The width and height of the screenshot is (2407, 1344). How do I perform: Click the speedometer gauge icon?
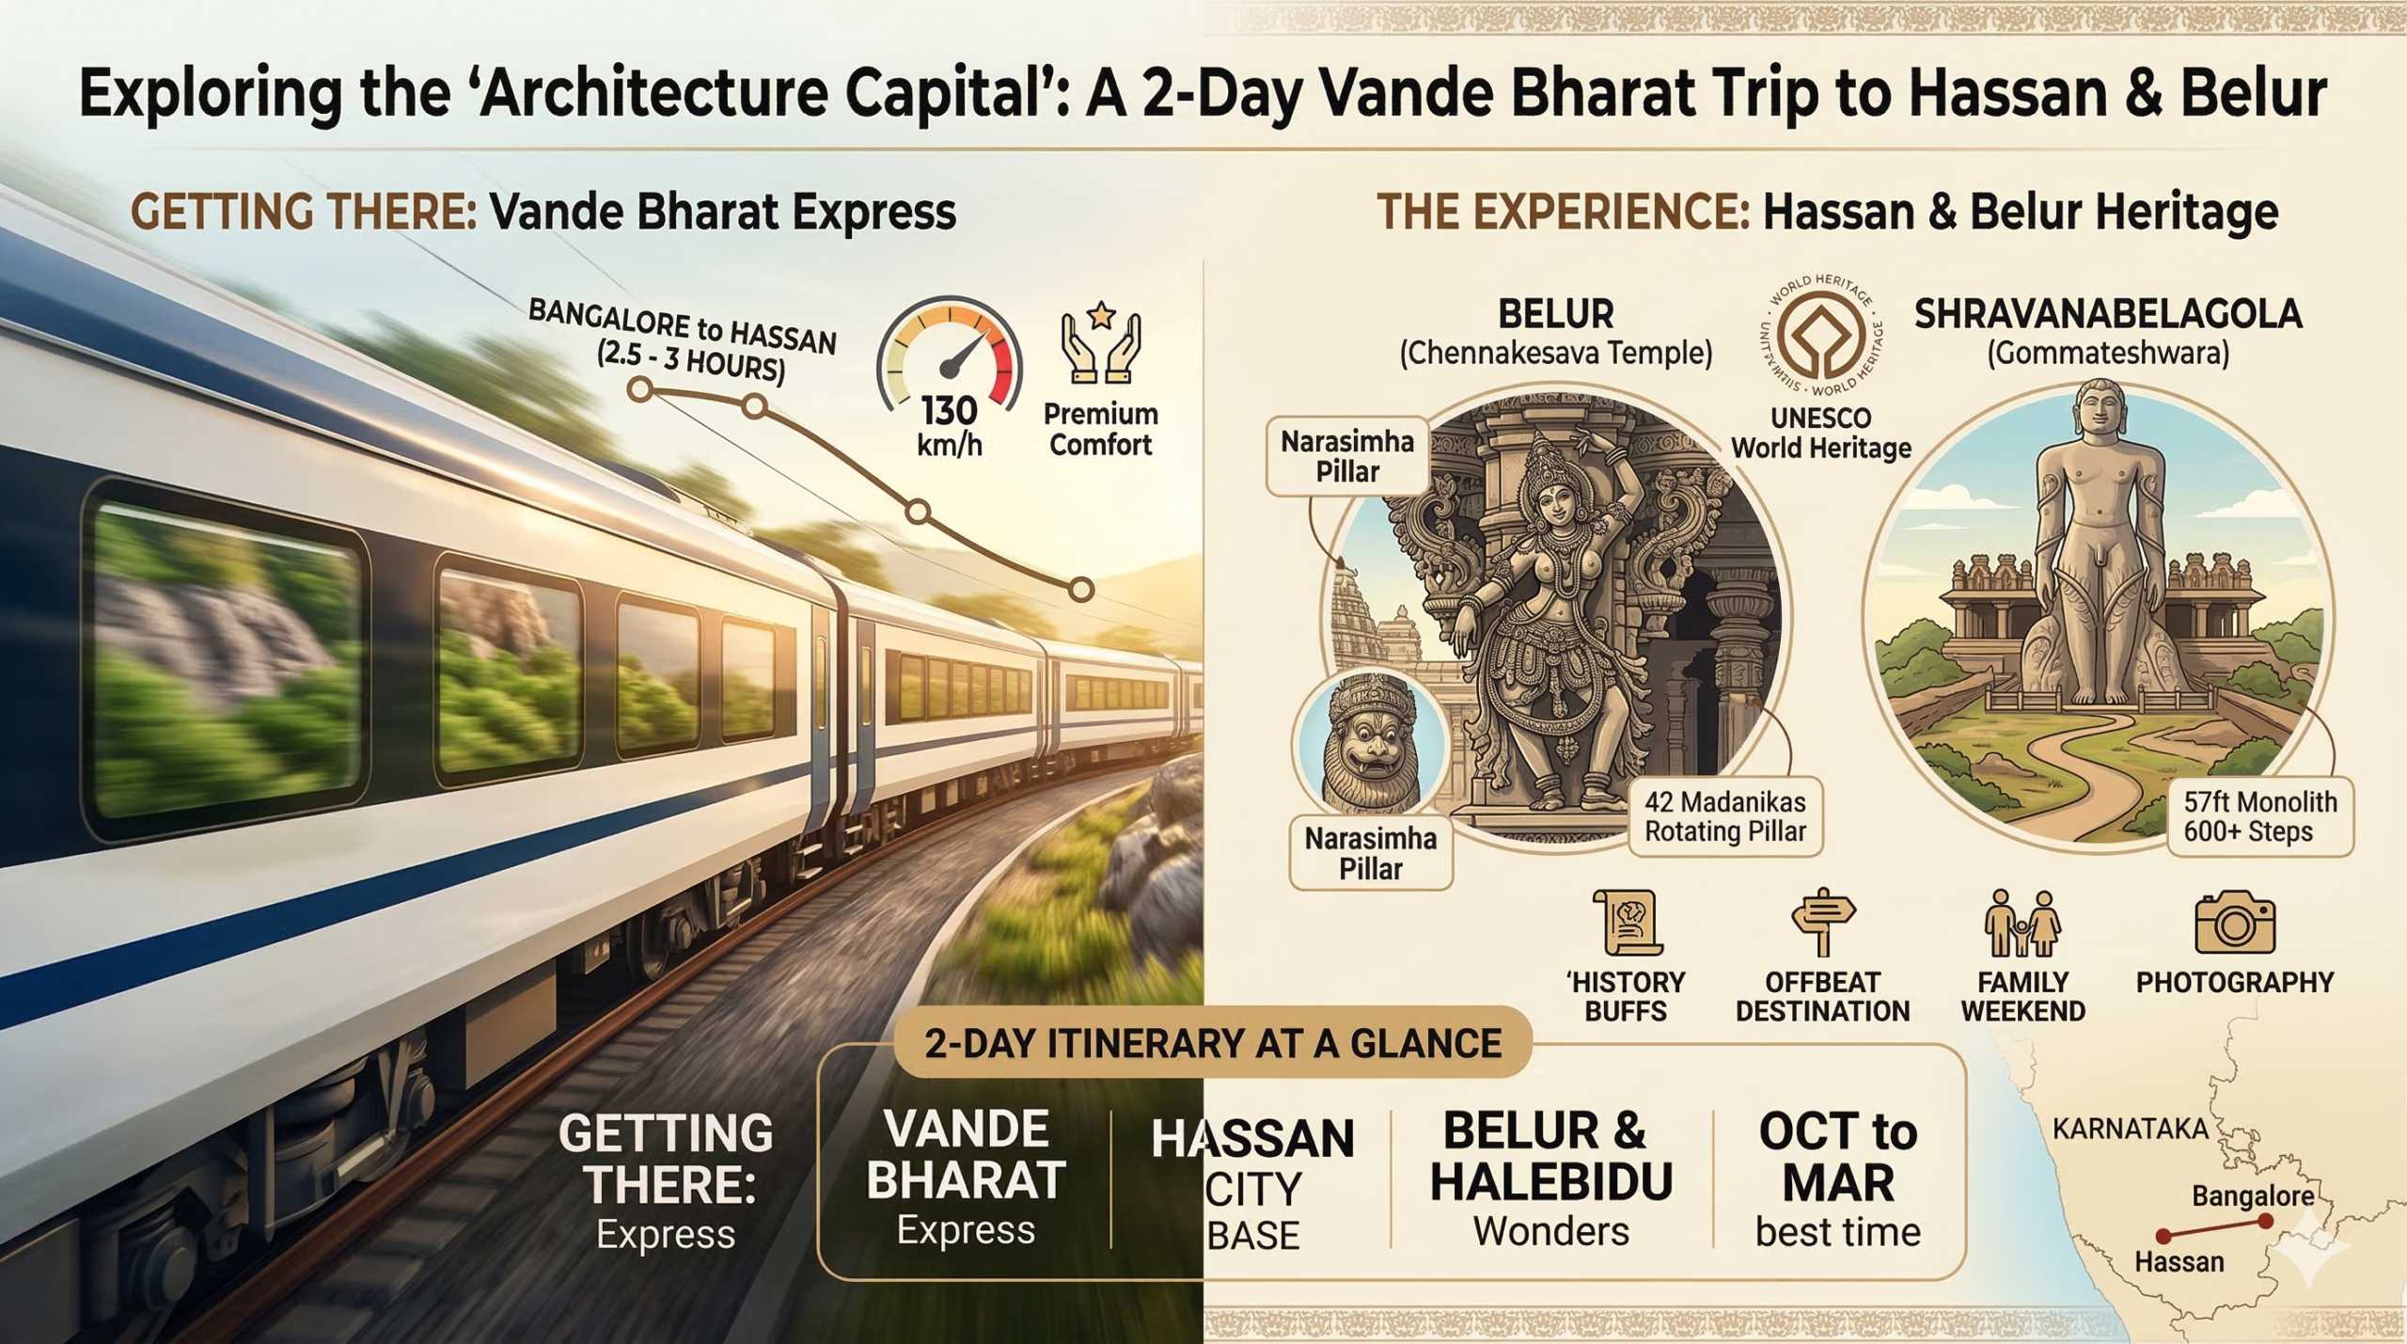click(949, 353)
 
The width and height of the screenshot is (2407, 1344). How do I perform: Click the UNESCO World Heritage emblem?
click(1821, 337)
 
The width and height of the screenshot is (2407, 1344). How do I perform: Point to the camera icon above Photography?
click(2235, 924)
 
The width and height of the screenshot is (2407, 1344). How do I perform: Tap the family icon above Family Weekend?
click(2022, 923)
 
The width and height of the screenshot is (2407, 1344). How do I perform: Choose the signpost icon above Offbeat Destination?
click(1822, 922)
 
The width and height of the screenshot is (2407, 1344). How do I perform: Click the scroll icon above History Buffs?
click(1627, 923)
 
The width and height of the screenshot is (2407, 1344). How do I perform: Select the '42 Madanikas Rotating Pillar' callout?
click(1725, 816)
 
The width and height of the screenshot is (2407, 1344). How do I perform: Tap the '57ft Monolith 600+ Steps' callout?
click(2259, 816)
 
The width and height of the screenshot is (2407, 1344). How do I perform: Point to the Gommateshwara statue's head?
click(2100, 412)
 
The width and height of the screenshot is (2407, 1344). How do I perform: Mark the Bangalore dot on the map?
click(2265, 1222)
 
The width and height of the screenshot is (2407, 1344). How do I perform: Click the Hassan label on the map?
click(2179, 1261)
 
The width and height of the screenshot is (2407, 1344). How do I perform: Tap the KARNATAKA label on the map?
click(2130, 1129)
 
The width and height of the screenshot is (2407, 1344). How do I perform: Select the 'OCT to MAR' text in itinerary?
click(1837, 1157)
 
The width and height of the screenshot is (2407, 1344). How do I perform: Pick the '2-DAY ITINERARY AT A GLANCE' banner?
click(1213, 1044)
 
